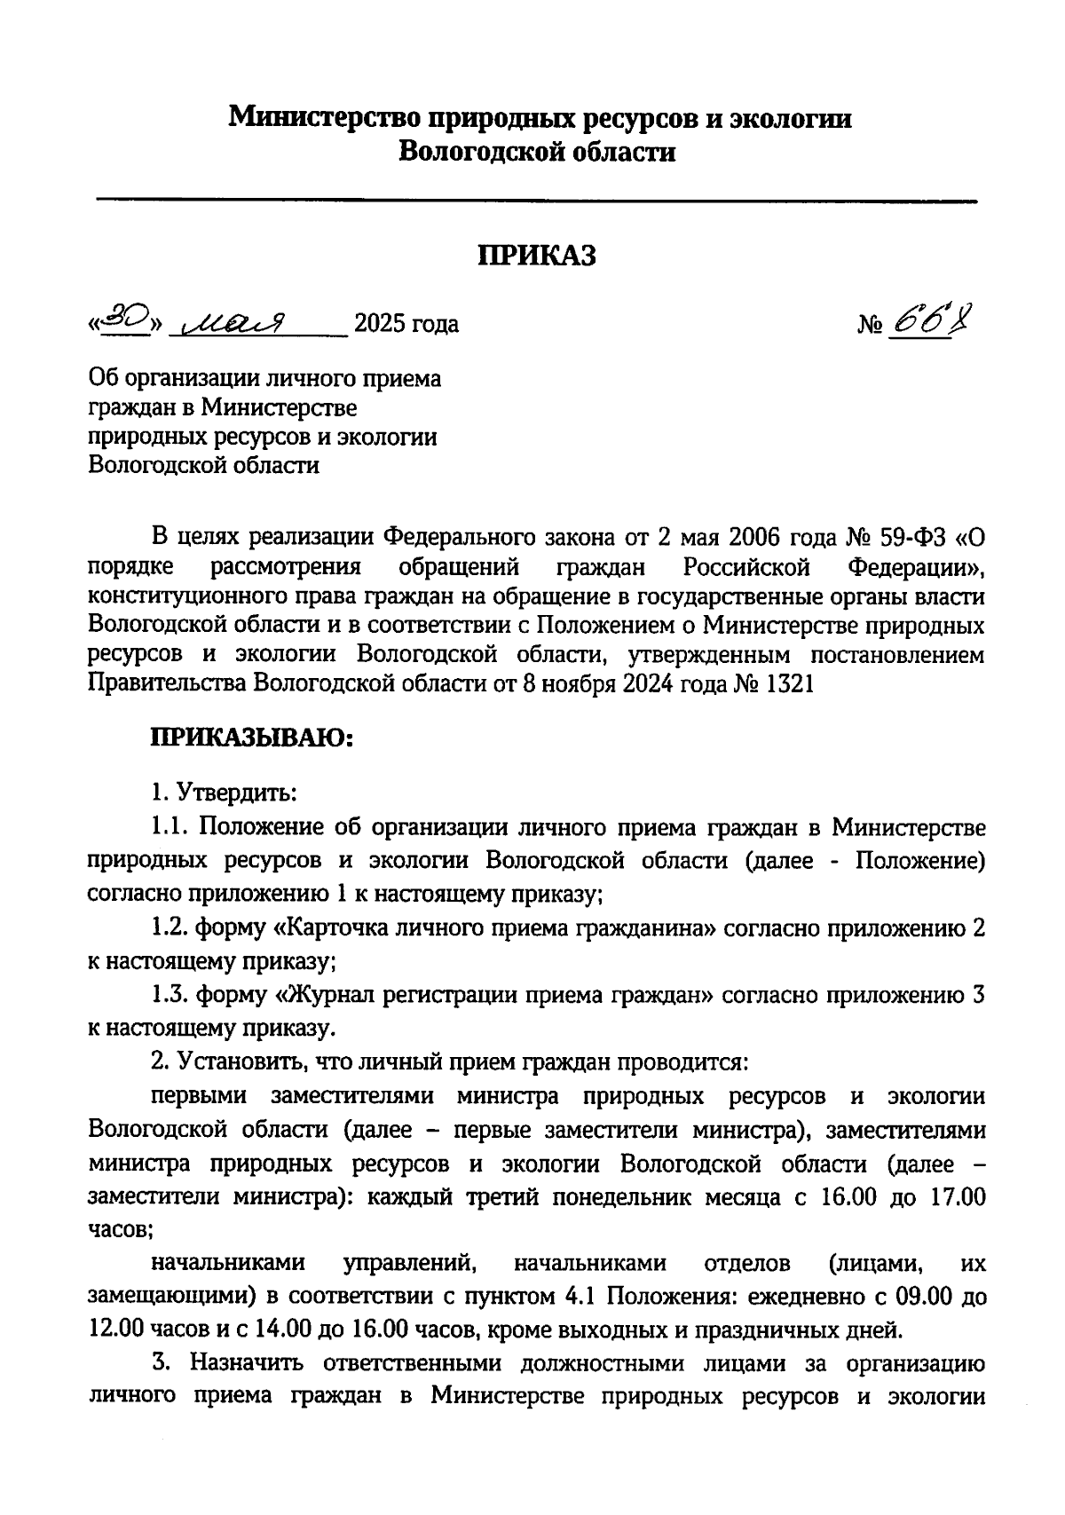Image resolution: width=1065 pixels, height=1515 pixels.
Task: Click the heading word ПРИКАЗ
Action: tap(536, 256)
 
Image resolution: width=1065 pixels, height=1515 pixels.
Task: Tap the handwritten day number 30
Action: tap(122, 318)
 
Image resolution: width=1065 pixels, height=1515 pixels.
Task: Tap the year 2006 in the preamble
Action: tap(757, 537)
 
